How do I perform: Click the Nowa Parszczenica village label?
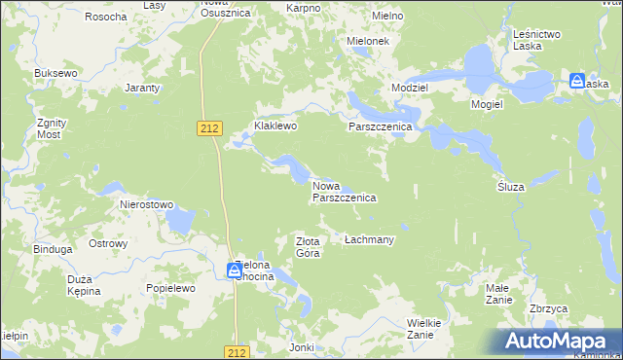point(343,190)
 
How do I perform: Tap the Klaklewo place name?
point(275,126)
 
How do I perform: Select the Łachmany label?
point(369,238)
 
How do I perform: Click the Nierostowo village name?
point(146,205)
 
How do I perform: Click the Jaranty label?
point(142,88)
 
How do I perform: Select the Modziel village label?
point(409,87)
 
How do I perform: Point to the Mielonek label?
point(368,42)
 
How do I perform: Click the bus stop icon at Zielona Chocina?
point(235,270)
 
